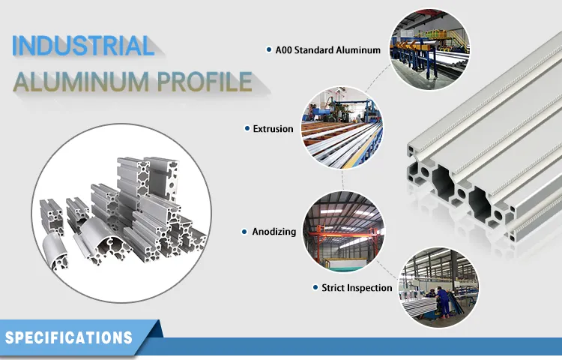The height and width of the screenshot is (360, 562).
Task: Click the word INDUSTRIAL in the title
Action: (82, 46)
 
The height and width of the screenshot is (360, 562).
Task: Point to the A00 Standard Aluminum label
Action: (327, 50)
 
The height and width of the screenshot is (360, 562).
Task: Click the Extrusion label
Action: (274, 129)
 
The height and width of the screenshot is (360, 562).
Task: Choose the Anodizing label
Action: (274, 232)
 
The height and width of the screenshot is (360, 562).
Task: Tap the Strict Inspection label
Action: (357, 288)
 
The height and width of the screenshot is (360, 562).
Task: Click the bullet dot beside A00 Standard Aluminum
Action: (268, 50)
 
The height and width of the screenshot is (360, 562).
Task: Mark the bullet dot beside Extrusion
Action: (247, 129)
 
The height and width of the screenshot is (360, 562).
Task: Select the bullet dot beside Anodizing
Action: (244, 232)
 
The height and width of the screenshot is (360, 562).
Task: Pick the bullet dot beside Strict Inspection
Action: (315, 288)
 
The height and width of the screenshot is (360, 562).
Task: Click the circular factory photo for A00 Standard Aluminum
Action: (429, 50)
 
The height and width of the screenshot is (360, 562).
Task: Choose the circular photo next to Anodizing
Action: (342, 228)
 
